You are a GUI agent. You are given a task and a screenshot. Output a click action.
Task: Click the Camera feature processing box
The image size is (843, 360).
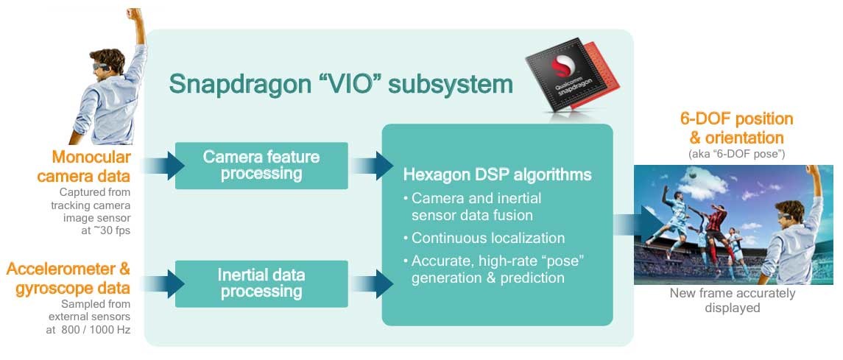pyautogui.click(x=261, y=166)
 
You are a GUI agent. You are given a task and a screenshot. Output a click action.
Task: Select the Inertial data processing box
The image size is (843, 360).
pyautogui.click(x=261, y=283)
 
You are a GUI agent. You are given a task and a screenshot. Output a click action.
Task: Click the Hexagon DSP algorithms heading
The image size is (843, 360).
pyautogui.click(x=497, y=175)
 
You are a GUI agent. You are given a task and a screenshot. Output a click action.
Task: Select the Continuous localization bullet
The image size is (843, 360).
pyautogui.click(x=484, y=238)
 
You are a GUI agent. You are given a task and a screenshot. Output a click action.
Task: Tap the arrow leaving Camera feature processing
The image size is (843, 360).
pyautogui.click(x=371, y=166)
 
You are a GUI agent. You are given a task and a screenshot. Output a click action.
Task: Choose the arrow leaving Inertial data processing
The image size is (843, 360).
pyautogui.click(x=371, y=283)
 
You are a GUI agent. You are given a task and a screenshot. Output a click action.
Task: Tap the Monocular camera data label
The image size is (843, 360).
pyautogui.click(x=91, y=166)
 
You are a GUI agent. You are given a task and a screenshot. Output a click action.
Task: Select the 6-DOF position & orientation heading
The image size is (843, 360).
pyautogui.click(x=736, y=127)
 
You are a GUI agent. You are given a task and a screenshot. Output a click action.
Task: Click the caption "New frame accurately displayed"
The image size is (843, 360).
pyautogui.click(x=733, y=301)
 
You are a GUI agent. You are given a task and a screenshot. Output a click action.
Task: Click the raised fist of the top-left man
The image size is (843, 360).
pyautogui.click(x=133, y=13)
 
